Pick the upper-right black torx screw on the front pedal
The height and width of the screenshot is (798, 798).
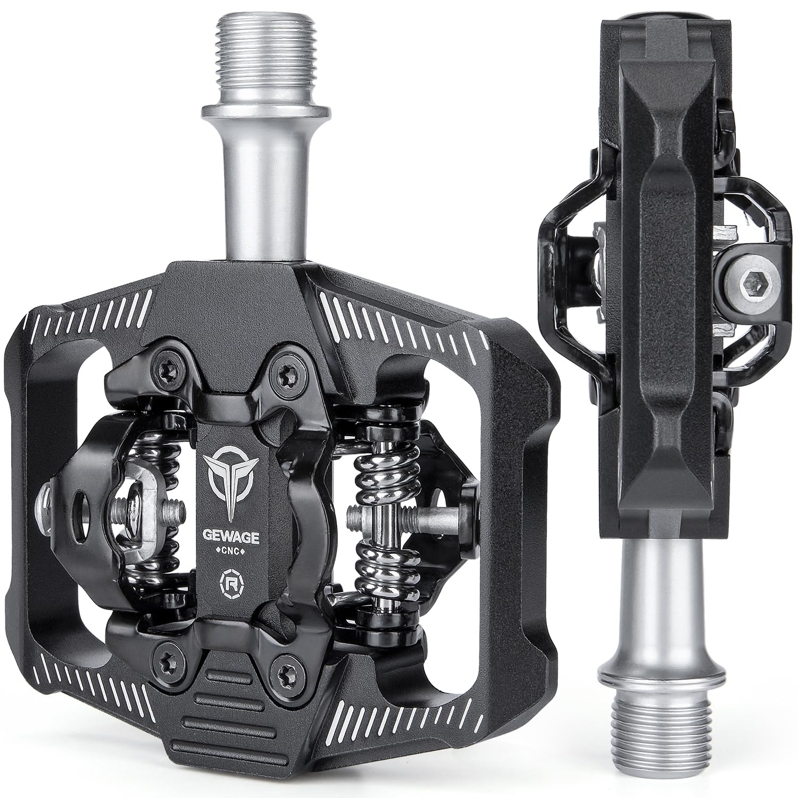click(281, 375)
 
